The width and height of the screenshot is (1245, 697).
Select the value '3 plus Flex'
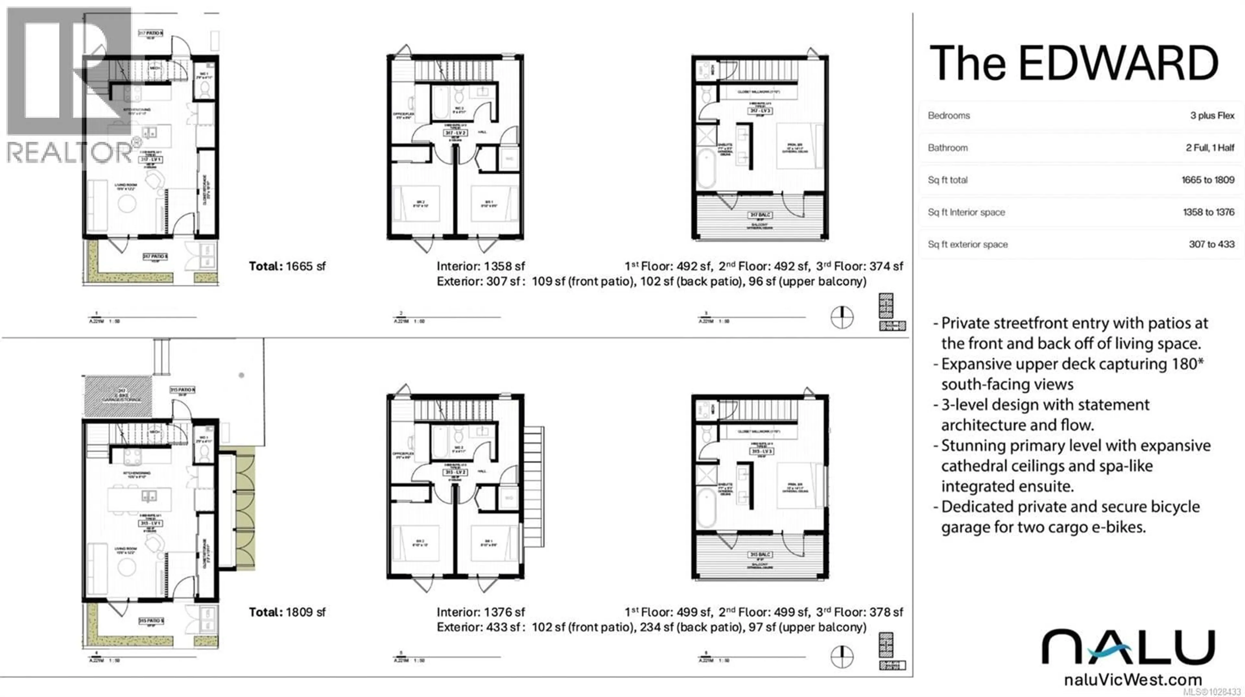click(1212, 116)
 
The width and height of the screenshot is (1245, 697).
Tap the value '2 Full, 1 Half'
click(1209, 148)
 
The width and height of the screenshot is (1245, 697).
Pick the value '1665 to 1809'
click(1207, 180)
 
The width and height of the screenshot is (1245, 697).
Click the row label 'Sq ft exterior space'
click(967, 245)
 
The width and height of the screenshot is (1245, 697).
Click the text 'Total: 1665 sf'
click(287, 266)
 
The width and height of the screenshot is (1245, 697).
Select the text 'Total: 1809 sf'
click(287, 612)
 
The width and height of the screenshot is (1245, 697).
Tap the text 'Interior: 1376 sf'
click(480, 612)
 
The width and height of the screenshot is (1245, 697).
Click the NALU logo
click(1128, 647)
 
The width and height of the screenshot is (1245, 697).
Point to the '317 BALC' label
click(760, 215)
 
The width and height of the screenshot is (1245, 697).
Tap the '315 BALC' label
click(760, 554)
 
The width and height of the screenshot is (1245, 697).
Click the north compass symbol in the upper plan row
click(842, 318)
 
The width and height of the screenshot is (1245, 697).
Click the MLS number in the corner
click(1212, 692)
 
